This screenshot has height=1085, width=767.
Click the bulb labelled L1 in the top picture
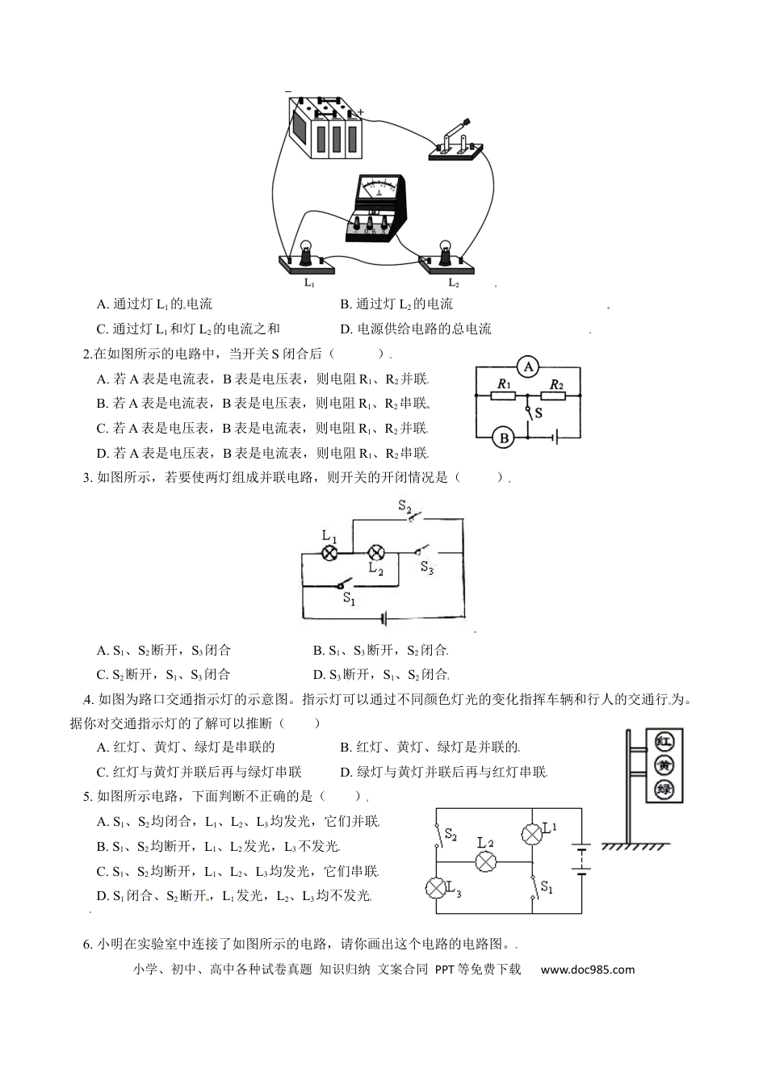click(307, 253)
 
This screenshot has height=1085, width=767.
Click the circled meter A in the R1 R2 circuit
click(528, 367)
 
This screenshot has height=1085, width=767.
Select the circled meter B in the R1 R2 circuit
click(505, 438)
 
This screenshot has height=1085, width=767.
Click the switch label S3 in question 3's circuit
click(427, 568)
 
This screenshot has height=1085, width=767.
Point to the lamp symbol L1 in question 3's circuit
click(329, 553)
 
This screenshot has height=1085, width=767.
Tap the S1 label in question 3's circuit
click(349, 598)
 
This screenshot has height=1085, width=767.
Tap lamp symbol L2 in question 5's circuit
click(485, 861)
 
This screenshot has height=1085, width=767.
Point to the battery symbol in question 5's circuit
click(580, 859)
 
